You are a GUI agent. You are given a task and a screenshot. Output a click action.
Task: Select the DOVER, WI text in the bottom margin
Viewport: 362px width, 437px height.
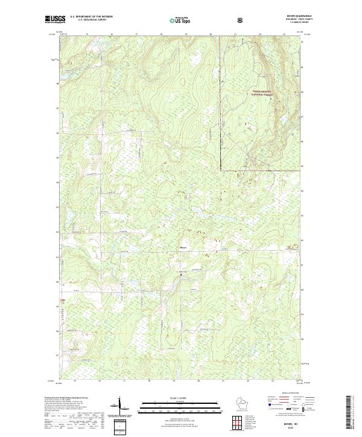click(x=288, y=424)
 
